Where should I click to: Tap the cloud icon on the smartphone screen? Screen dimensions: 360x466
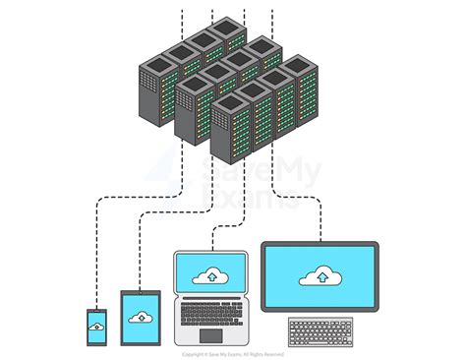[96, 327]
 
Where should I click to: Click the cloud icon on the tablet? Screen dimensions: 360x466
[143, 317]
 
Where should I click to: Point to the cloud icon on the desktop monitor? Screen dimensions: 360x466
[320, 274]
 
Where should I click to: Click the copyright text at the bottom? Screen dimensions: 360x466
[233, 353]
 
